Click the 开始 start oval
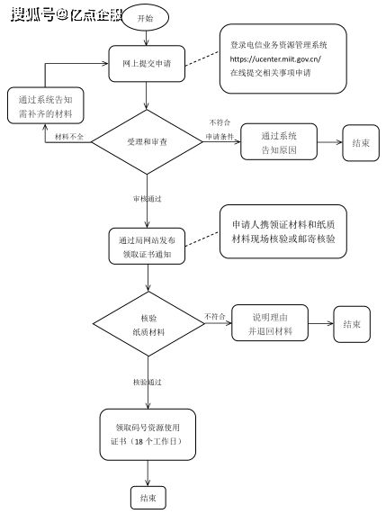(x=143, y=18)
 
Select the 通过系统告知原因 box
(x=280, y=142)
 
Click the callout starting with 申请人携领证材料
(x=283, y=232)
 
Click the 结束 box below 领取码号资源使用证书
(x=148, y=497)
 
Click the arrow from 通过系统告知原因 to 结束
(x=329, y=142)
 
